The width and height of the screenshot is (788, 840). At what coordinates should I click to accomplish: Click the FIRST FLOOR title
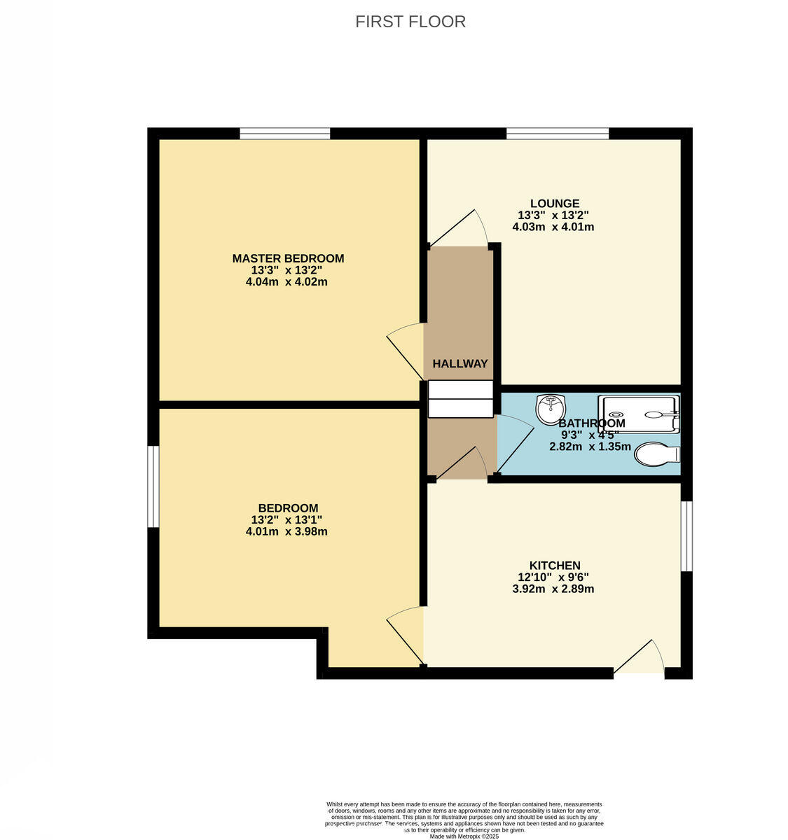[x=410, y=22]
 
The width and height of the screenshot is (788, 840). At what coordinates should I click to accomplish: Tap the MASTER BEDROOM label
[x=288, y=258]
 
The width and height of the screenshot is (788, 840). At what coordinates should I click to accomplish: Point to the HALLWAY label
[x=459, y=364]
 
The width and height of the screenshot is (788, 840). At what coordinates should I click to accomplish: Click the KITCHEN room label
[x=554, y=566]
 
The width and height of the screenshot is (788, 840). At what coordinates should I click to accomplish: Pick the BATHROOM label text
[x=592, y=423]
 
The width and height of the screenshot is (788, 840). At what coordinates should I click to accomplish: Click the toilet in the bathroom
[x=656, y=454]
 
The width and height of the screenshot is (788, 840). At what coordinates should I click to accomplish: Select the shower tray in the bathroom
[x=639, y=414]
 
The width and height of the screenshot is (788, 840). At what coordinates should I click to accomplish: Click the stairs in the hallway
[x=460, y=399]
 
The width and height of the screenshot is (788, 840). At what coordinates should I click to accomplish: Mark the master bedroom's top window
[x=284, y=133]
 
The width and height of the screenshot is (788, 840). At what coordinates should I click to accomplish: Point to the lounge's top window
[x=558, y=133]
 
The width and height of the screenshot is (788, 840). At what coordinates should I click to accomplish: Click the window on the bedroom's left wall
[x=153, y=486]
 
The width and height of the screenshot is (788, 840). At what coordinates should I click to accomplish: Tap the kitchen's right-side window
[x=687, y=535]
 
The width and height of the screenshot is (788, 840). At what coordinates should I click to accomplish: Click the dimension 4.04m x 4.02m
[x=286, y=282]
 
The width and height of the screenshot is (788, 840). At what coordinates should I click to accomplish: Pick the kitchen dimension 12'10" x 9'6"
[x=553, y=577]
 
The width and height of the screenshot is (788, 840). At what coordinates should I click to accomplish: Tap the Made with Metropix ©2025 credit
[x=463, y=836]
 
